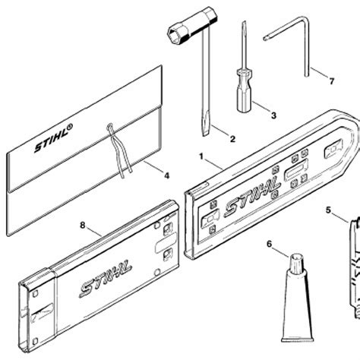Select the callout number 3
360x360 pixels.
273,117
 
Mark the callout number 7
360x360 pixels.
330,79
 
